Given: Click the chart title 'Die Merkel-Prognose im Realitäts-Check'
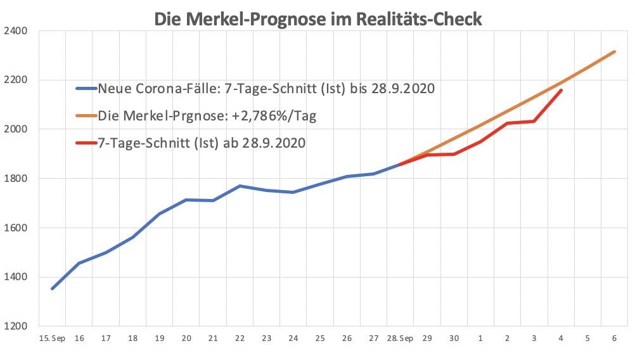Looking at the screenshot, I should pyautogui.click(x=317, y=18).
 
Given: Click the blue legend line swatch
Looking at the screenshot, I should pyautogui.click(x=86, y=89).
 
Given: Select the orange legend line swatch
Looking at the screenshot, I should pyautogui.click(x=86, y=117).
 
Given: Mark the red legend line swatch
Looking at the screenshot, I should pyautogui.click(x=86, y=144).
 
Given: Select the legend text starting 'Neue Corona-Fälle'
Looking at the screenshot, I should pyautogui.click(x=266, y=89).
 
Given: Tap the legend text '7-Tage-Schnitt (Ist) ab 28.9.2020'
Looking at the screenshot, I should pyautogui.click(x=202, y=144).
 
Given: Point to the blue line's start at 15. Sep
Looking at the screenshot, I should pyautogui.click(x=53, y=288).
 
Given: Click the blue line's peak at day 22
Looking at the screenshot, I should pyautogui.click(x=240, y=186).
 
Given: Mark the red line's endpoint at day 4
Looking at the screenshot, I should pyautogui.click(x=561, y=91).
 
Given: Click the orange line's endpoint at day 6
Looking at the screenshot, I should pyautogui.click(x=614, y=52).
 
